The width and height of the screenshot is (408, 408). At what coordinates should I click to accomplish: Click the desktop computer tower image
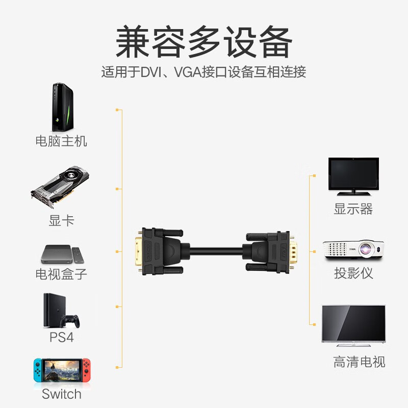tap(62, 107)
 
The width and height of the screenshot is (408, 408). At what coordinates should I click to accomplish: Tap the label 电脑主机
tap(61, 141)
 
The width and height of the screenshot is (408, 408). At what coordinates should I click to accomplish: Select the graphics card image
tap(60, 187)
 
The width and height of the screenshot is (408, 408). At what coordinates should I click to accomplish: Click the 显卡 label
tap(62, 221)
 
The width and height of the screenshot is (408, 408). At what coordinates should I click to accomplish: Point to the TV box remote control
tap(78, 255)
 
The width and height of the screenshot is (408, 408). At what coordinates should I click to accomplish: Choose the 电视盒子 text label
tap(61, 274)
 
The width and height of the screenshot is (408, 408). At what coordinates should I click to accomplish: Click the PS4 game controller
tap(70, 321)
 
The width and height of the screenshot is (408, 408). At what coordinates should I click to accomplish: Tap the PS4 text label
tap(62, 338)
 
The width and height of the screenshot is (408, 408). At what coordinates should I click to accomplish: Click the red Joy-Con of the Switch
tap(87, 370)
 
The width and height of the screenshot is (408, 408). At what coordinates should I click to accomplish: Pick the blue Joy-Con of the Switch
tap(38, 370)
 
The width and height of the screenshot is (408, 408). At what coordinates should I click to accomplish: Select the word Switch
tap(62, 394)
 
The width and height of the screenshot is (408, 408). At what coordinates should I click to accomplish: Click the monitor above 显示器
tap(353, 176)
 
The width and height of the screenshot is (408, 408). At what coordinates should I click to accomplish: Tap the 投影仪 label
tap(353, 273)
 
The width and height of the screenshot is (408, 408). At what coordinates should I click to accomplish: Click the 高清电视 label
tap(360, 362)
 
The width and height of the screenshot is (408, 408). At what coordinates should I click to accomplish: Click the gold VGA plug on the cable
tap(292, 251)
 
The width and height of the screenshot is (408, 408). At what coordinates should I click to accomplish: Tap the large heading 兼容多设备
tap(204, 42)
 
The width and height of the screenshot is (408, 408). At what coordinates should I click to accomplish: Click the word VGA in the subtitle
tap(188, 72)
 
